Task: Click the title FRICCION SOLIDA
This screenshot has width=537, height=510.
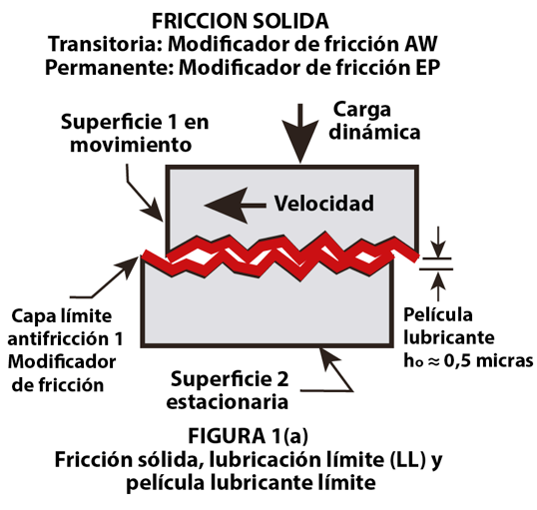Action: click(x=241, y=21)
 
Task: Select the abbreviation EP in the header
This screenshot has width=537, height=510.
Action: click(x=428, y=68)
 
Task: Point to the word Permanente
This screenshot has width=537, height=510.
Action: click(x=109, y=68)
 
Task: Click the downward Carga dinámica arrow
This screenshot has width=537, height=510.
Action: click(x=300, y=133)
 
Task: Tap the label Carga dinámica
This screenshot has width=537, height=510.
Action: click(x=374, y=121)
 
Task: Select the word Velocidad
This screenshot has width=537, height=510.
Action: click(x=324, y=204)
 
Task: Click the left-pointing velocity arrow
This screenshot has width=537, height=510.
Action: click(x=235, y=206)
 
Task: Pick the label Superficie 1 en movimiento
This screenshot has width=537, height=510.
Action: click(x=135, y=133)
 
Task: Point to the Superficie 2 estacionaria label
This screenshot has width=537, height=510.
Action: click(x=228, y=390)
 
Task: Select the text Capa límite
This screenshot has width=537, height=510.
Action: click(x=62, y=315)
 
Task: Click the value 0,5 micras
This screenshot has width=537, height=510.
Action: click(x=489, y=360)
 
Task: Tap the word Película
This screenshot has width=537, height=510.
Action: click(x=438, y=314)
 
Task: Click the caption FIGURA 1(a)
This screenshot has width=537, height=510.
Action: click(x=248, y=436)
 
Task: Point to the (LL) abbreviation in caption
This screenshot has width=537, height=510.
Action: click(x=407, y=460)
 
